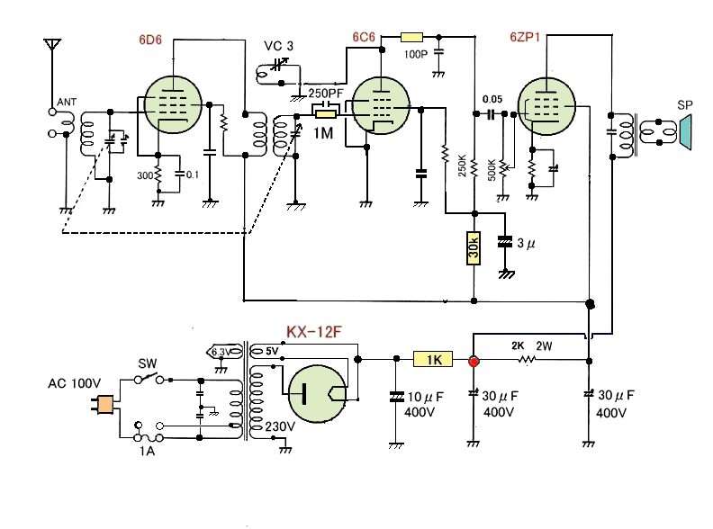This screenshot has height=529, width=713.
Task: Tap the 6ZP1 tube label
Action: (x=528, y=39)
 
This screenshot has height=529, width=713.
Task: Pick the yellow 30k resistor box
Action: (x=474, y=248)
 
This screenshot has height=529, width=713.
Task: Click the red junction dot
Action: (x=474, y=361)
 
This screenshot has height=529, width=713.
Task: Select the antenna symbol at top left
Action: (x=52, y=47)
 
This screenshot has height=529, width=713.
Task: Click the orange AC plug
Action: (x=105, y=406)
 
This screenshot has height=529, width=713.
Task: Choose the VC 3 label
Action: (x=279, y=45)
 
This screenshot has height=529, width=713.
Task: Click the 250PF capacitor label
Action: (x=325, y=94)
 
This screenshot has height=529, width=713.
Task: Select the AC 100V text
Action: (x=74, y=383)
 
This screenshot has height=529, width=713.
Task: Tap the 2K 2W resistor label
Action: (x=532, y=345)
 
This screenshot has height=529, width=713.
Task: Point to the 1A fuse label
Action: (x=147, y=452)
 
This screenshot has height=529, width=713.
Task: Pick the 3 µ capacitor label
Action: (x=528, y=243)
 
